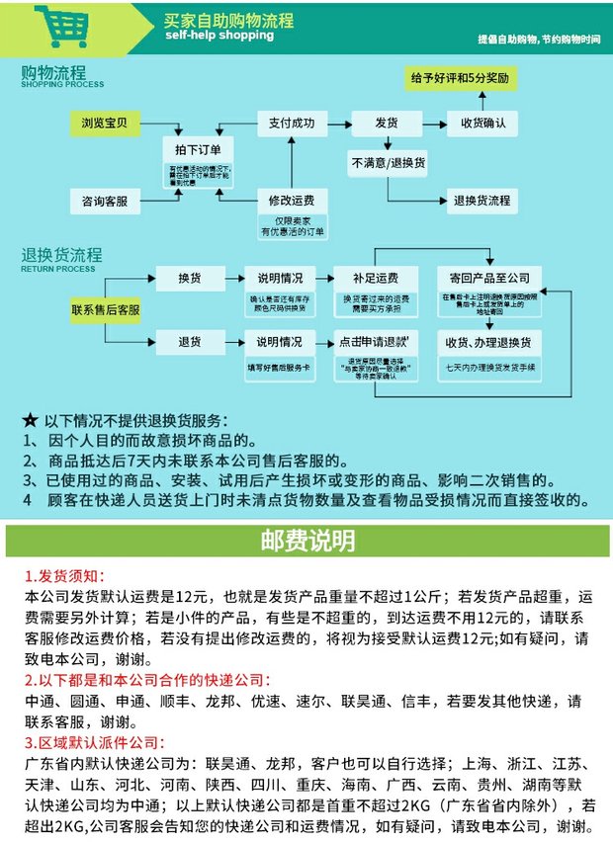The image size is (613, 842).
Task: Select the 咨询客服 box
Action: point(105,202)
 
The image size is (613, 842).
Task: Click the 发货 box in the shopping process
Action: point(387,123)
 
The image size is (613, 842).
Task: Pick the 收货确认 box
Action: point(482,123)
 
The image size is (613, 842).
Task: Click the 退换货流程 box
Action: point(482,201)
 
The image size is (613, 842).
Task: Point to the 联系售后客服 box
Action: point(105,310)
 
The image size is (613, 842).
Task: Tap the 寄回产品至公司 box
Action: point(489,278)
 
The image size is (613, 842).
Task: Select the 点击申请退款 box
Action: point(373,342)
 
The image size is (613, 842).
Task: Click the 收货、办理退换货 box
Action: point(489,342)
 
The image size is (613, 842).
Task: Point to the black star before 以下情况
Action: point(30,419)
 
